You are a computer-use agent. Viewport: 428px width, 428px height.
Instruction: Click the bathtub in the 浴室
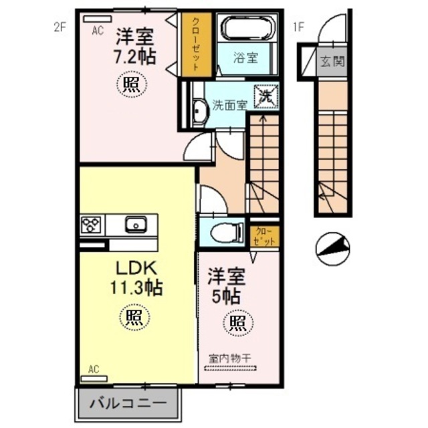pyautogui.click(x=249, y=29)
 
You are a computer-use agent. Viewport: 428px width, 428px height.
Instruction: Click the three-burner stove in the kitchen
pyautogui.click(x=91, y=224)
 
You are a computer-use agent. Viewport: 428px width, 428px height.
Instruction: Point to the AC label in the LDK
pyautogui.click(x=94, y=369)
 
